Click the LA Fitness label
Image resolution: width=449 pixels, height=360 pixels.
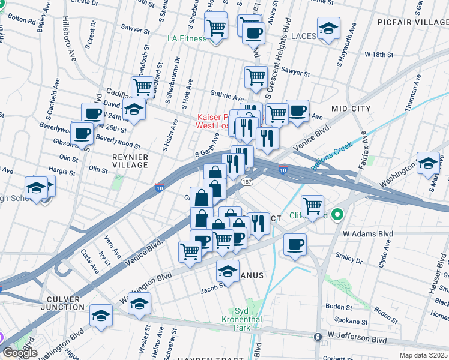(x=187, y=38)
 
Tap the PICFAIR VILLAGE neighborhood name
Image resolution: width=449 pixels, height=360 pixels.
(x=412, y=22)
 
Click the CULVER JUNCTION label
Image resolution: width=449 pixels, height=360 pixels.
(x=62, y=302)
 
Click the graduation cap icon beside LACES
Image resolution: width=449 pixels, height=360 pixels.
(x=328, y=29)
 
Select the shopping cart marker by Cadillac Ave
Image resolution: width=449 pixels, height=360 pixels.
(x=143, y=86)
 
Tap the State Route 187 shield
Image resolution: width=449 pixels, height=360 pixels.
(x=247, y=180)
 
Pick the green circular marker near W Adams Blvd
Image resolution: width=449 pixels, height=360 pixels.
(x=337, y=214)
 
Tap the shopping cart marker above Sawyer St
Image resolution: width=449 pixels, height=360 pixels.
(x=256, y=77)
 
